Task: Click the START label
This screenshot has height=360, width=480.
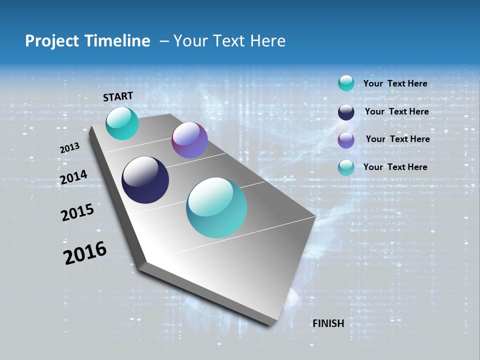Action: click(x=118, y=96)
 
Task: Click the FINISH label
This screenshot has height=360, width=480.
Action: click(x=328, y=323)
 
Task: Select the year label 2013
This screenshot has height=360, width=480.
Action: click(x=69, y=148)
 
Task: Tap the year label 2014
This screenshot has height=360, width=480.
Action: click(x=73, y=177)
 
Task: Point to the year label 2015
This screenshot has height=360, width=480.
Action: click(x=77, y=212)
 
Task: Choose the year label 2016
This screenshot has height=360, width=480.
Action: click(x=85, y=252)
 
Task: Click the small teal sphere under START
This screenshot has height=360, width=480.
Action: click(x=122, y=123)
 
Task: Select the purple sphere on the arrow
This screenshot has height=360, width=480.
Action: click(x=189, y=140)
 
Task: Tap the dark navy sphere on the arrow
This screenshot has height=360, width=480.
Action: click(x=145, y=180)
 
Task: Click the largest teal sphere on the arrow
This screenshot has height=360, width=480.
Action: click(x=216, y=207)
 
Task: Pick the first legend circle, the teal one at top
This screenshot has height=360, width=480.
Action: click(x=346, y=83)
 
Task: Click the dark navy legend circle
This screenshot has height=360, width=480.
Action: click(x=346, y=112)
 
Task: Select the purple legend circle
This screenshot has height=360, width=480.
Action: click(x=346, y=140)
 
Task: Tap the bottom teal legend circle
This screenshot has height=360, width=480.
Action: click(x=346, y=167)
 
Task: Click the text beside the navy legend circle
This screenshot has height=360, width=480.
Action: click(x=396, y=111)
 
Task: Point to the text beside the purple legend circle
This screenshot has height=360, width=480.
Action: click(x=397, y=139)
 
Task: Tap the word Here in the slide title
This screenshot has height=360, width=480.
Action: click(x=268, y=41)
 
